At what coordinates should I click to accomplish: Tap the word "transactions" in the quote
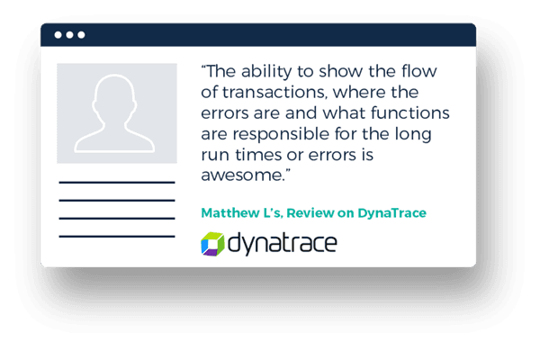pos(274,93)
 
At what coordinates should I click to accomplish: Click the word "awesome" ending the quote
pos(242,175)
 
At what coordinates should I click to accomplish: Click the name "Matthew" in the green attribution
pos(230,213)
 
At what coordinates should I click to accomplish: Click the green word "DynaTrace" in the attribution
pos(391,213)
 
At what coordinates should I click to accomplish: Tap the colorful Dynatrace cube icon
pos(212,244)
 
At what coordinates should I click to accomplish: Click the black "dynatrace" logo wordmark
pos(282,244)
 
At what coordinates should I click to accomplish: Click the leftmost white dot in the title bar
pos(58,35)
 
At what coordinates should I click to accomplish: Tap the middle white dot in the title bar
pos(69,35)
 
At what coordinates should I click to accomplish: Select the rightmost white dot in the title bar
pos(81,35)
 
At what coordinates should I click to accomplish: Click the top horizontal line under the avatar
pos(117,182)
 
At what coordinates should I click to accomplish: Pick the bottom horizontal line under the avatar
pos(117,237)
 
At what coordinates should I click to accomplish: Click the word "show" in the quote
pos(341,71)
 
